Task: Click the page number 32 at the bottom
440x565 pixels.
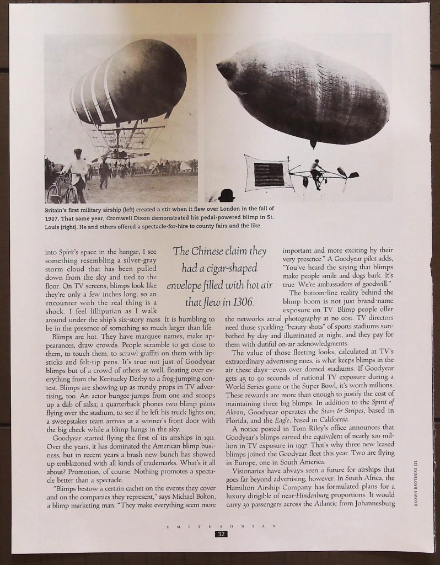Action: [221, 534]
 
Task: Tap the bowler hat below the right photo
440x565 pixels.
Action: [226, 195]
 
